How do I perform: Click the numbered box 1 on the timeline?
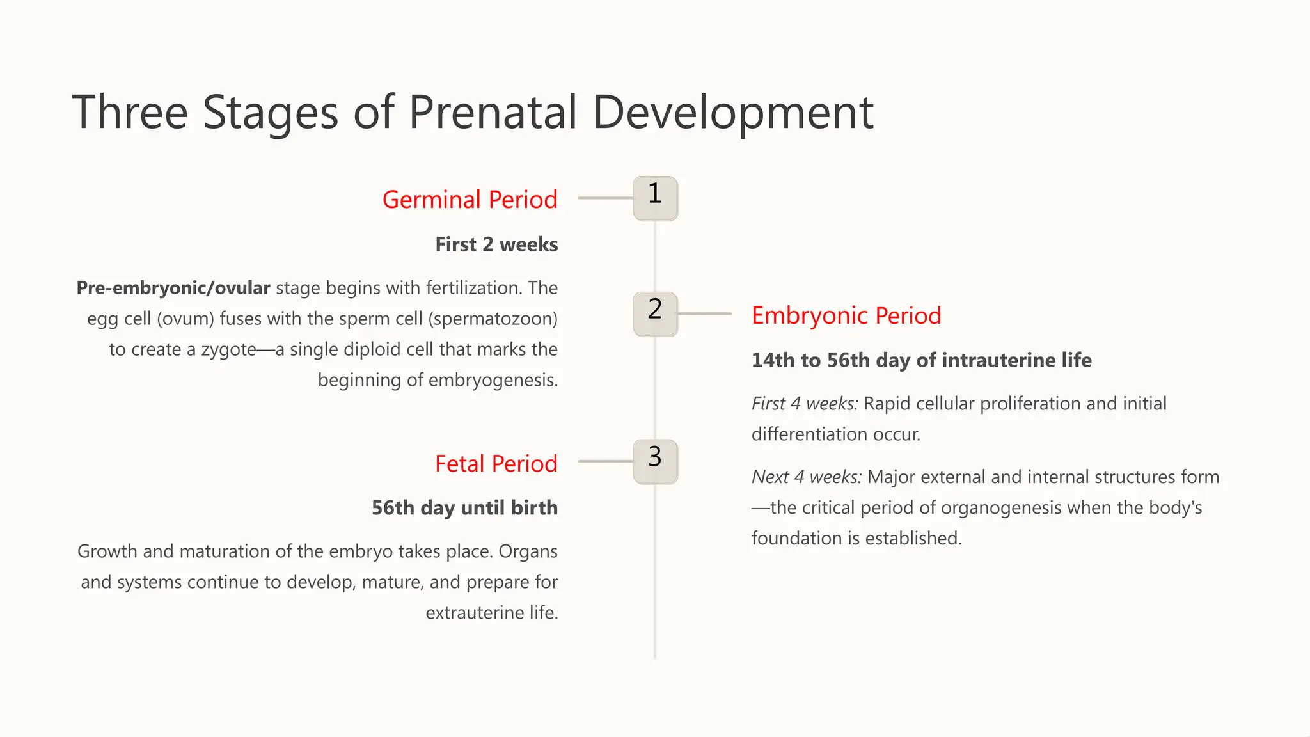(x=655, y=198)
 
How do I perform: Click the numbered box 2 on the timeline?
(x=655, y=314)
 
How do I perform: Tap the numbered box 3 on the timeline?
(x=655, y=461)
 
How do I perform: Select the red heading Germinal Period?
(x=470, y=200)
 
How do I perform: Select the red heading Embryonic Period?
(x=846, y=315)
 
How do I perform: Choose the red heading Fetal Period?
(x=496, y=464)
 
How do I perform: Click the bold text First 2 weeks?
(x=496, y=244)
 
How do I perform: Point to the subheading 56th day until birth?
(x=464, y=508)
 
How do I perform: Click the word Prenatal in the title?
(x=493, y=113)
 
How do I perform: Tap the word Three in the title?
(x=130, y=113)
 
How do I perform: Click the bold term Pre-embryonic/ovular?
(x=173, y=288)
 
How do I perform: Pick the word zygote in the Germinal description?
(x=228, y=350)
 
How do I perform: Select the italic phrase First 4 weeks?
(x=805, y=404)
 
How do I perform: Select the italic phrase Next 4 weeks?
(x=807, y=477)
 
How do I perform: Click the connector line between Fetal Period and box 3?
(x=605, y=461)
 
